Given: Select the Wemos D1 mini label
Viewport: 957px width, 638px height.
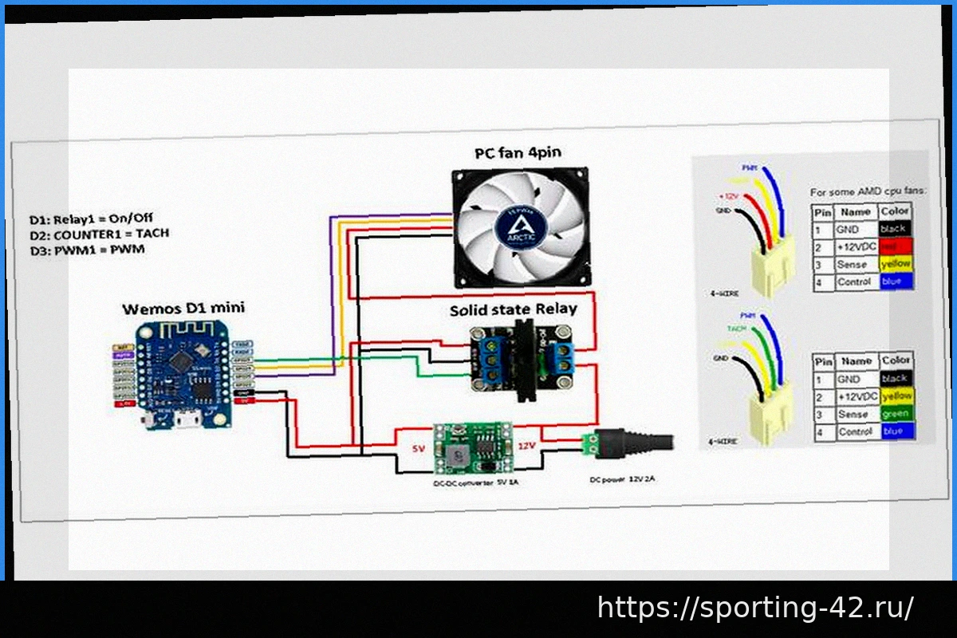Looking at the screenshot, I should (183, 308).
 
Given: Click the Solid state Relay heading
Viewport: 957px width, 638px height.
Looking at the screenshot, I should (513, 309).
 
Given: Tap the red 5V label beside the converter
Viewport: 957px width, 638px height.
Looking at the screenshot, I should (418, 448).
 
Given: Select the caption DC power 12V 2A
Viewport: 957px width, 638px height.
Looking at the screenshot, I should (622, 479).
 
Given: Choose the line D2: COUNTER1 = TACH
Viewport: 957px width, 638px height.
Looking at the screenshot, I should (99, 234).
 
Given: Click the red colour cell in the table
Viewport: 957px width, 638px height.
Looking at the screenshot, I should (895, 246).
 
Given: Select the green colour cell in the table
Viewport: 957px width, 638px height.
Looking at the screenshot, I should (896, 415).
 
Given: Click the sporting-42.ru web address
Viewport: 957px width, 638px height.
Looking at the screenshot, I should (755, 608).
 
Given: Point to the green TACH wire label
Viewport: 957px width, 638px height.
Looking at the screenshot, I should (735, 328).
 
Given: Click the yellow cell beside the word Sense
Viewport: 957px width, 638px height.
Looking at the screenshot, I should (895, 264).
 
